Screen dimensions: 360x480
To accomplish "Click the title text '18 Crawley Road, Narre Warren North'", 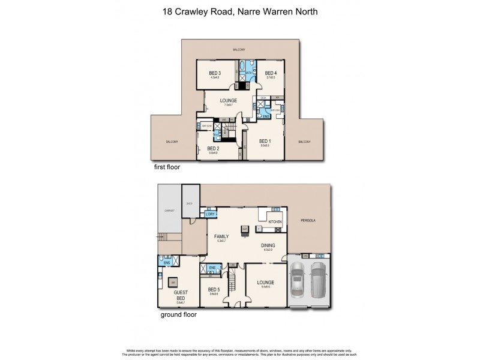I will pos(240,10).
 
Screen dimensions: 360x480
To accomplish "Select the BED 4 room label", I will pos(271,73).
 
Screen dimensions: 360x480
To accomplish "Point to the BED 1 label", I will pos(265,142).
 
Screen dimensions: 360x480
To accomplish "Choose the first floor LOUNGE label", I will pos(228,101).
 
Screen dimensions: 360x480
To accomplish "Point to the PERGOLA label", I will pos(308,220).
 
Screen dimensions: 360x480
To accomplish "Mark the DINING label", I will pos(268,245).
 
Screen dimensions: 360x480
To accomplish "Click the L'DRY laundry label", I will pos(210,214).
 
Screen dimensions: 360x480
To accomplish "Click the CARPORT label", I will pos(169,210).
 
